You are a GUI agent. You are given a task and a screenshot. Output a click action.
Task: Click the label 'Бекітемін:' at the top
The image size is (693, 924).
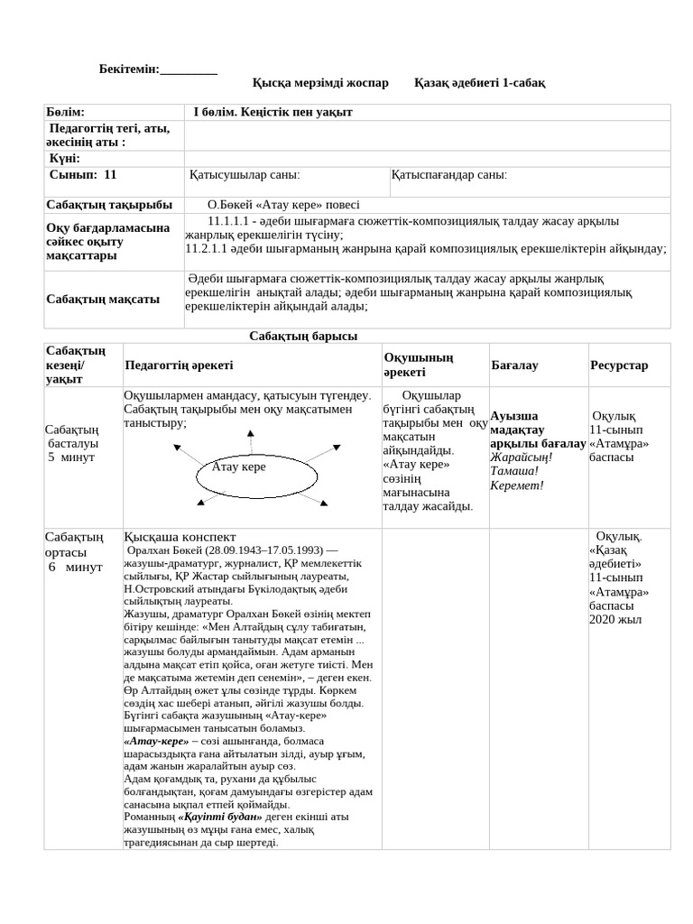pos(129,69)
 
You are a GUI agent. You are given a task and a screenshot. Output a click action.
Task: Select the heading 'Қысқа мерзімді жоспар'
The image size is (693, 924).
pos(320,83)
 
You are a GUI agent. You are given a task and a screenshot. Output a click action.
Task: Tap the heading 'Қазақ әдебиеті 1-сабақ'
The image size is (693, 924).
pos(479,83)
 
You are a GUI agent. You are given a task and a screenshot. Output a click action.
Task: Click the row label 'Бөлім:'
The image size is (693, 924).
pos(65,112)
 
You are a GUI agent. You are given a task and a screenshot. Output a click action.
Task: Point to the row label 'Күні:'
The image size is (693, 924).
pos(65,158)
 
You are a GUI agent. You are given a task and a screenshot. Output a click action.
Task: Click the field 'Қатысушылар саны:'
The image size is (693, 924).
pos(245,175)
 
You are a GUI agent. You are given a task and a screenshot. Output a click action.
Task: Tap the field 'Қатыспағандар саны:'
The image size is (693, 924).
pos(449,175)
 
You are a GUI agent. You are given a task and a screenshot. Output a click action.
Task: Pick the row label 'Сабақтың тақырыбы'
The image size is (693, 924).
pos(109,205)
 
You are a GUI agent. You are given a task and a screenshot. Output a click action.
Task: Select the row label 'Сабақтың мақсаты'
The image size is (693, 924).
pos(103,299)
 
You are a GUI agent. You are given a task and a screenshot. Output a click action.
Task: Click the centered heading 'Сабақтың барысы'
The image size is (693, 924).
pos(303,336)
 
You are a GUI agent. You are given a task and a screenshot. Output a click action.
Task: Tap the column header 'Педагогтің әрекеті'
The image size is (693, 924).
pos(179,365)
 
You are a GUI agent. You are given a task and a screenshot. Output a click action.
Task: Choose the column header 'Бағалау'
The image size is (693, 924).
pos(514,365)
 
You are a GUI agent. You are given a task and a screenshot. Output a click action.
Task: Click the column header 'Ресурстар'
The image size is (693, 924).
pos(619,365)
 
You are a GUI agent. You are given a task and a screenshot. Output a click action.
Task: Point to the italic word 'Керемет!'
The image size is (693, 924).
pos(516,485)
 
